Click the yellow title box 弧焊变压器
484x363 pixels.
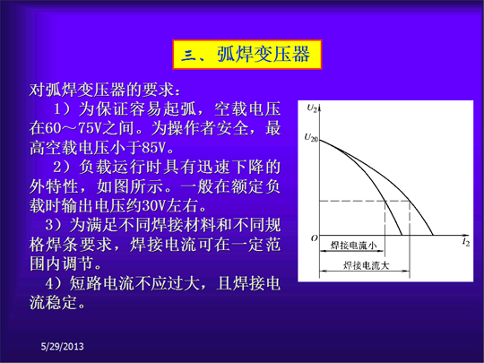247,55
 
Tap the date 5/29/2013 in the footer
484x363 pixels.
63,347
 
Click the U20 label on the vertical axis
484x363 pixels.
311,138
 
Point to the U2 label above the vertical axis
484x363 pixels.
312,108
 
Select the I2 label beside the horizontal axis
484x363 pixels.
466,242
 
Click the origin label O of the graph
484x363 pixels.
314,238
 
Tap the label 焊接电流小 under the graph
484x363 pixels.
353,246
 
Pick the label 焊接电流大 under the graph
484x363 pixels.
366,265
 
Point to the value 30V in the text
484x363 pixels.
154,206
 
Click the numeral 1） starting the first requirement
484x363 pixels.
64,109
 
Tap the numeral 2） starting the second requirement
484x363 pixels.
64,168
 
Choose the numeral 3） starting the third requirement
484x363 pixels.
56,225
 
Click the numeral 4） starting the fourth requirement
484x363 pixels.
56,283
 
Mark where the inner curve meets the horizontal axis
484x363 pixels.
402,235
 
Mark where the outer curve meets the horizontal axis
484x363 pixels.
433,235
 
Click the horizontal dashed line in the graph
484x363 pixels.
365,201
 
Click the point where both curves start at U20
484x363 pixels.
320,140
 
